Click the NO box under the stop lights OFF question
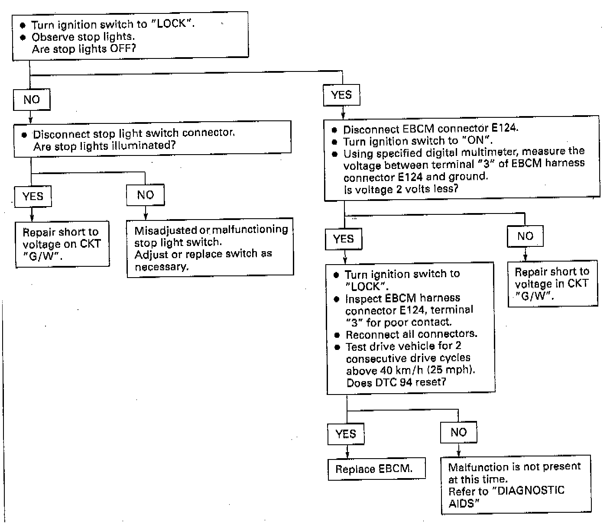click(x=32, y=100)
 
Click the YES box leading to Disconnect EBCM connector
click(x=341, y=95)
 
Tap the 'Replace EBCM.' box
click(x=376, y=469)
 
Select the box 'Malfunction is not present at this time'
click(x=516, y=485)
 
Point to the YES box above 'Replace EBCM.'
click(x=346, y=433)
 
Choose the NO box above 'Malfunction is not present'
click(x=458, y=432)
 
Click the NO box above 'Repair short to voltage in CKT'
click(x=525, y=236)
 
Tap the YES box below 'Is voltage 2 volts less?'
click(x=344, y=239)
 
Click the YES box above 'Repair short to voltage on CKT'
click(x=33, y=196)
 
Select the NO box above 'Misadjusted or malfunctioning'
click(x=146, y=195)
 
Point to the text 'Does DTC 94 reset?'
click(x=396, y=382)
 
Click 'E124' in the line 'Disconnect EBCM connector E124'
click(x=504, y=128)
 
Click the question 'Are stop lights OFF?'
click(x=84, y=49)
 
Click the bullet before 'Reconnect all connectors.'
click(x=337, y=335)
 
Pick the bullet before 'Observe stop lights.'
click(x=23, y=37)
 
